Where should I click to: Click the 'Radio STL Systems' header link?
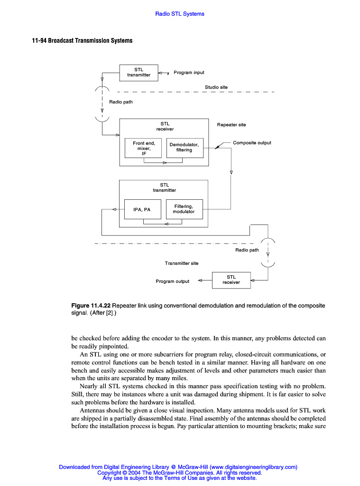[x=180, y=14]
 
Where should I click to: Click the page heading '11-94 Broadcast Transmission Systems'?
[x=82, y=41]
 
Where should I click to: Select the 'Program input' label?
[x=189, y=73]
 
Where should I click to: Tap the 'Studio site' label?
[x=216, y=87]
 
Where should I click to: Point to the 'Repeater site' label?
[x=231, y=125]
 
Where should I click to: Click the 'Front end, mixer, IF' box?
[x=144, y=148]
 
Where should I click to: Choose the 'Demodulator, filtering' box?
[x=185, y=148]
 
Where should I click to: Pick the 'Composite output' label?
[x=252, y=143]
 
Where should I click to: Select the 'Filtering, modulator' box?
[x=184, y=209]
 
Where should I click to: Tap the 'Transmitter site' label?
[x=182, y=263]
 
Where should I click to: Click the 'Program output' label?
[x=172, y=281]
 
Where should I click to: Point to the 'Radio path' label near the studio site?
[x=121, y=102]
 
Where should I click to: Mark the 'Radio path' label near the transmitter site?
[x=247, y=250]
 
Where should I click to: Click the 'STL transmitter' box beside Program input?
[x=138, y=73]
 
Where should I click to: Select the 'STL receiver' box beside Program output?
[x=231, y=280]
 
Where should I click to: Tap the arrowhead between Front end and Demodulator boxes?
[x=165, y=163]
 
